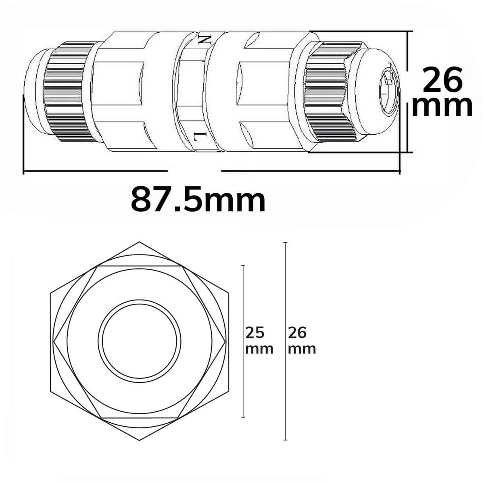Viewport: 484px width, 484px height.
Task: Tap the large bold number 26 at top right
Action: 442,81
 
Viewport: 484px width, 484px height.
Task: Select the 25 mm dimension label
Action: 259,340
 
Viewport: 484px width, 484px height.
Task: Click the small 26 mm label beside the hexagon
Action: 302,340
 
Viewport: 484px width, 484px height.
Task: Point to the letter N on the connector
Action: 203,40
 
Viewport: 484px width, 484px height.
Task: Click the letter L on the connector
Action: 200,136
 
